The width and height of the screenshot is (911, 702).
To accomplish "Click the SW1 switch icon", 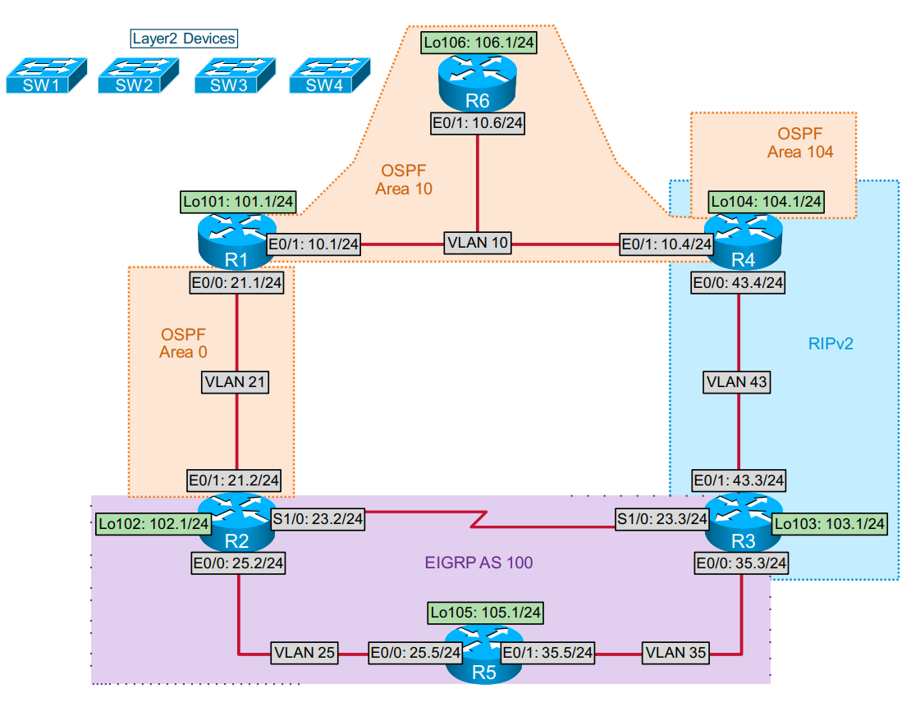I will click(x=46, y=75).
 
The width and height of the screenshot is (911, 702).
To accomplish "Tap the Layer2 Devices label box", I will click(x=185, y=39).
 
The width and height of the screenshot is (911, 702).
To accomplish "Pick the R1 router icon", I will click(x=237, y=239).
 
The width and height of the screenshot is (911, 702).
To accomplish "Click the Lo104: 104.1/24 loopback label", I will click(x=767, y=201).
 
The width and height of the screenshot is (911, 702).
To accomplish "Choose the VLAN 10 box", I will click(x=478, y=243).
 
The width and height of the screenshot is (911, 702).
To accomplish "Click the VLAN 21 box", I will click(x=236, y=382).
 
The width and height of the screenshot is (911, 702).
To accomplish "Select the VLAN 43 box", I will click(x=737, y=382).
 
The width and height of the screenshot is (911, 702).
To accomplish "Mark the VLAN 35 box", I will click(x=676, y=654).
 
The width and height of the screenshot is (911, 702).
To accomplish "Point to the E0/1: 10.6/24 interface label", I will click(x=478, y=124).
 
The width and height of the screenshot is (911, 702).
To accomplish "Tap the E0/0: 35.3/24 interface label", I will click(x=742, y=563).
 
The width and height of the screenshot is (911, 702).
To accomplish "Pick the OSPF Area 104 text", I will click(x=799, y=142).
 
